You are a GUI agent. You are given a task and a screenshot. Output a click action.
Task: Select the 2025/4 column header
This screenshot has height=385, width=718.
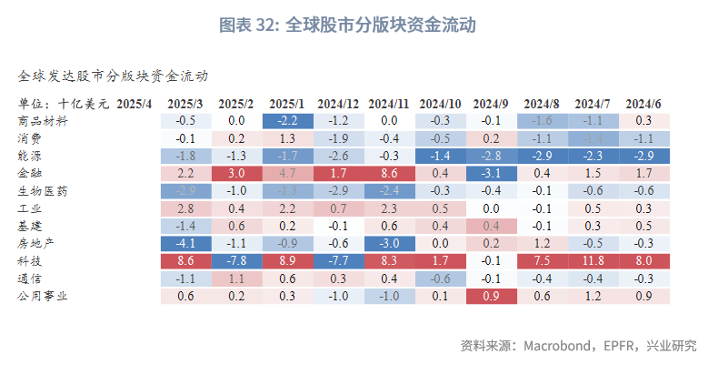pyautogui.click(x=135, y=103)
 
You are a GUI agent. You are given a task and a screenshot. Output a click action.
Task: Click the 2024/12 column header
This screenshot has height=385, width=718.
pyautogui.click(x=337, y=103)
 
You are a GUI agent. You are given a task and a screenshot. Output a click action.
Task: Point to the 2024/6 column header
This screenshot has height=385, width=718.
pyautogui.click(x=643, y=103)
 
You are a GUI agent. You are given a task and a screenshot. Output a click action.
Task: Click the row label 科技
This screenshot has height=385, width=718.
pyautogui.click(x=29, y=261)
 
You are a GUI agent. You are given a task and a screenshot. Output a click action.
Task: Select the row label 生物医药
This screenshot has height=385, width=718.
pyautogui.click(x=42, y=191)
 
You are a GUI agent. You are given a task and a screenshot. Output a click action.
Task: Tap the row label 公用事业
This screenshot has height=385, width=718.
pyautogui.click(x=42, y=296)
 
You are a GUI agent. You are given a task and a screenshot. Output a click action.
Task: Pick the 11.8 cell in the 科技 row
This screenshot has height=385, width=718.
pyautogui.click(x=593, y=261)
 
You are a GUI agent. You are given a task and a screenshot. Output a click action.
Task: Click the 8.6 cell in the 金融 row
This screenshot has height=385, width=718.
pyautogui.click(x=389, y=173)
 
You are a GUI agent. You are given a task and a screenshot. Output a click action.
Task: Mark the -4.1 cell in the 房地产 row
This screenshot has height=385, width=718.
pyautogui.click(x=185, y=244)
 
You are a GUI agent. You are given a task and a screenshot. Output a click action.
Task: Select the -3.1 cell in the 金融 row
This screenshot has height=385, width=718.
pyautogui.click(x=491, y=173)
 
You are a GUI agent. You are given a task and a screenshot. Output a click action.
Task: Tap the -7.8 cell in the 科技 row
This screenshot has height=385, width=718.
pyautogui.click(x=236, y=261)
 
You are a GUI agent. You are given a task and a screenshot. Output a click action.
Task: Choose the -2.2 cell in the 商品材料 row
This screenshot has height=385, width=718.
pyautogui.click(x=287, y=120)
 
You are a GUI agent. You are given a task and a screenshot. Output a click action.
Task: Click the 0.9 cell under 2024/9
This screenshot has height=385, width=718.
pyautogui.click(x=491, y=296)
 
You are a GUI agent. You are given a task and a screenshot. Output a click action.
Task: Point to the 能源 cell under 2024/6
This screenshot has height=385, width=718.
pyautogui.click(x=643, y=156)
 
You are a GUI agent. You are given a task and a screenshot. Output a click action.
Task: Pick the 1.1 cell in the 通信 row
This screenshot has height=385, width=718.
pyautogui.click(x=236, y=279)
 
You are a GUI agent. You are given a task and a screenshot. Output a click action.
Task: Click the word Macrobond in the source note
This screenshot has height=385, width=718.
pyautogui.click(x=557, y=346)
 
